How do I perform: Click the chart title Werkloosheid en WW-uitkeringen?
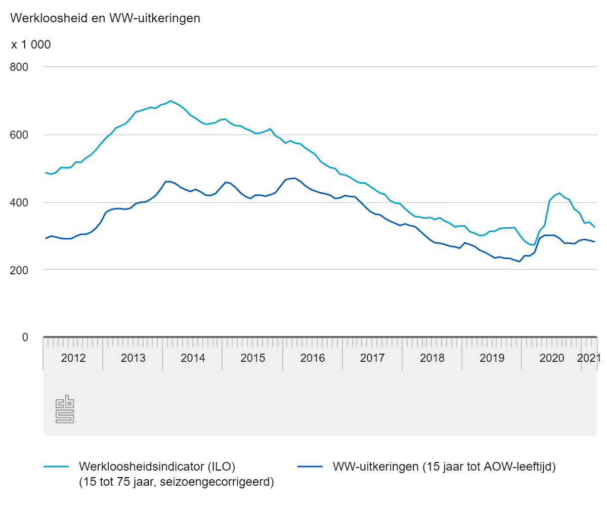(105, 19)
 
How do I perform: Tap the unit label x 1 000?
(31, 45)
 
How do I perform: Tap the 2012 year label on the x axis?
(73, 358)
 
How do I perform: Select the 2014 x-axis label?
(193, 358)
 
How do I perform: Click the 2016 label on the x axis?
(312, 358)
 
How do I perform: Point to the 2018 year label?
(432, 358)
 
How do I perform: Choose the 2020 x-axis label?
(551, 358)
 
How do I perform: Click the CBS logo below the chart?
(65, 410)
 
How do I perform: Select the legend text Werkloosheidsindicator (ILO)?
(157, 466)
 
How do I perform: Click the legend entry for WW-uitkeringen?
(444, 466)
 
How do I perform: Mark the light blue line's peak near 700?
(170, 101)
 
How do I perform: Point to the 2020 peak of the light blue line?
(559, 193)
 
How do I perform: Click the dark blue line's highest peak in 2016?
(294, 178)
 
